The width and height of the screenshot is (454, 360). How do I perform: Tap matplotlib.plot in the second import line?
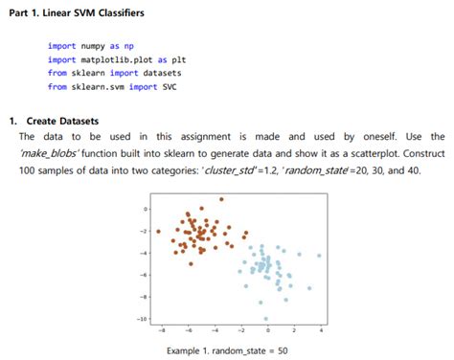pos(121,58)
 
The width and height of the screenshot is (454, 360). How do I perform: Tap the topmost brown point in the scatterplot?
pos(221,199)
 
